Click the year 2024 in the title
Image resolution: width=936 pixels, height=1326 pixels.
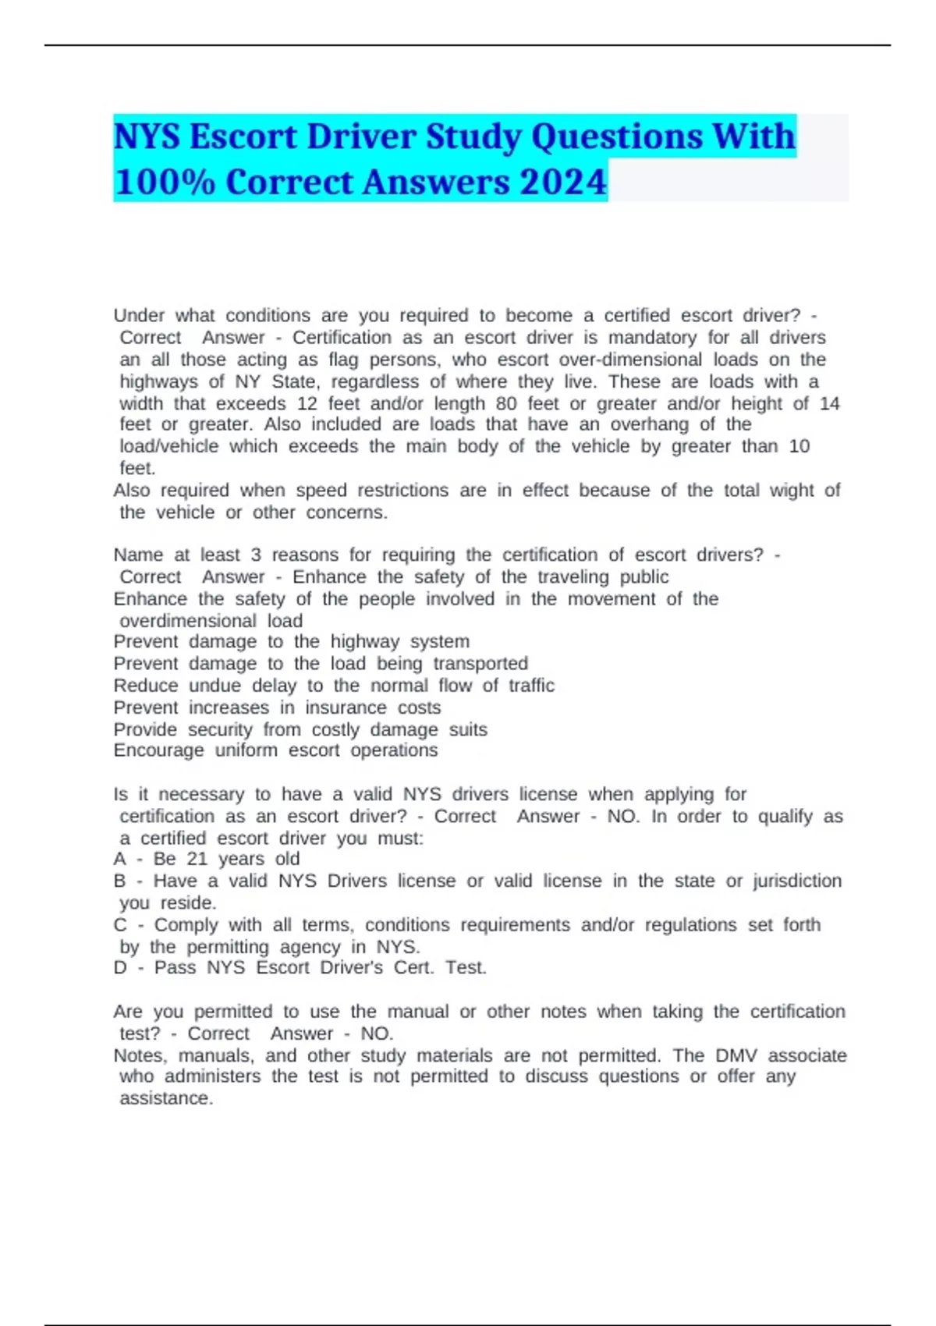click(x=562, y=182)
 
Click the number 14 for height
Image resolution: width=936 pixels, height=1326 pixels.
click(x=829, y=403)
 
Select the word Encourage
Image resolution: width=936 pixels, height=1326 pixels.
click(x=158, y=750)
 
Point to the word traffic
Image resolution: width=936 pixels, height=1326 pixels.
click(x=531, y=686)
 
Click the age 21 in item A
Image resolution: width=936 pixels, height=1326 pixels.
click(x=197, y=859)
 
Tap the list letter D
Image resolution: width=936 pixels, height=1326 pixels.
click(x=120, y=968)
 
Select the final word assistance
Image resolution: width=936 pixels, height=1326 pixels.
click(x=165, y=1098)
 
